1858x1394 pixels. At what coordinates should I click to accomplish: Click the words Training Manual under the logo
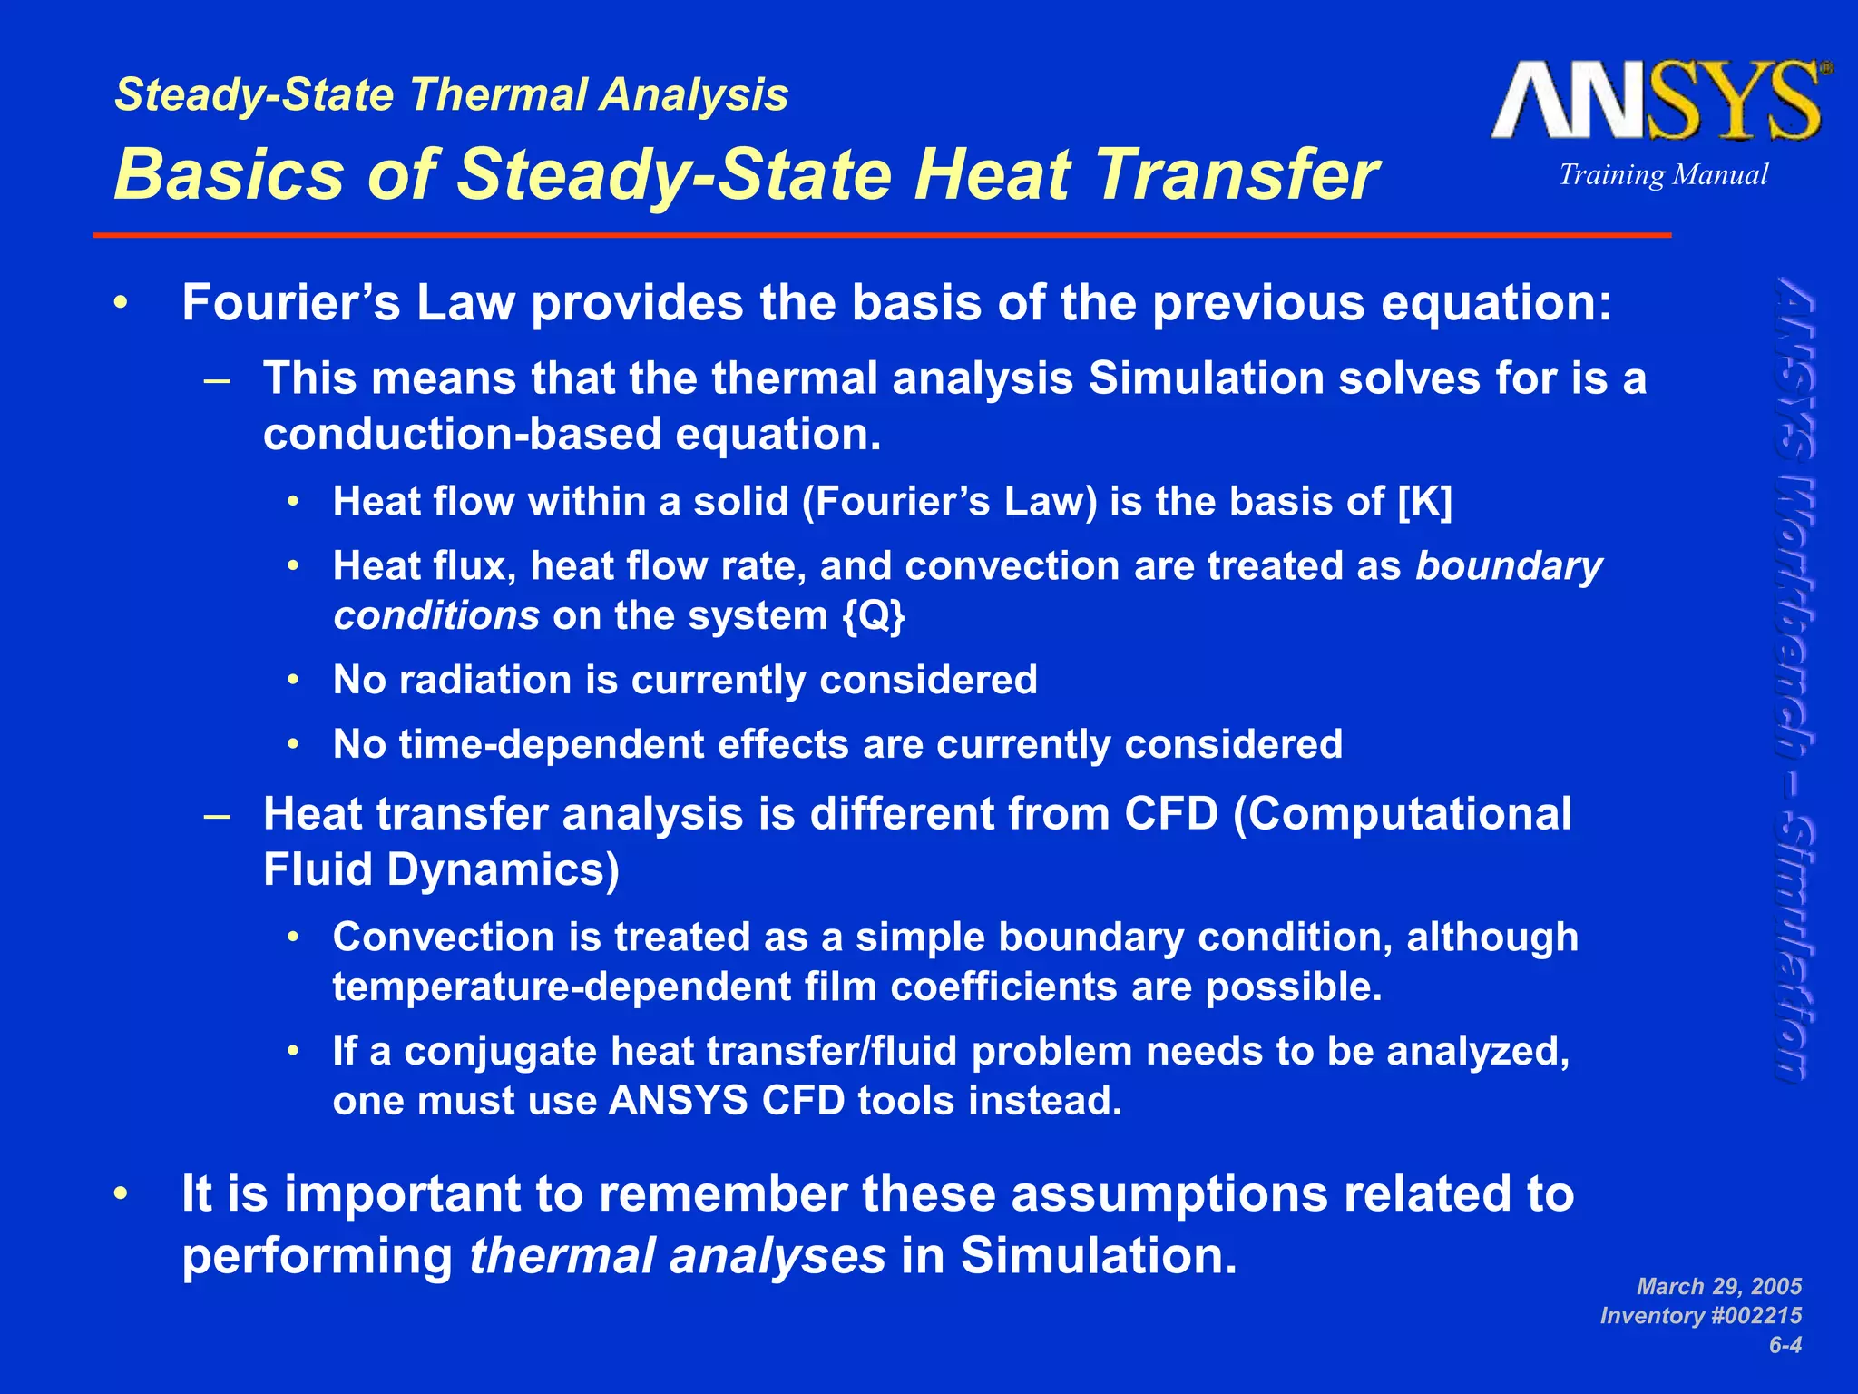(1663, 174)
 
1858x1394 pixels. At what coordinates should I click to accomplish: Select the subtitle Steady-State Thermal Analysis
(452, 95)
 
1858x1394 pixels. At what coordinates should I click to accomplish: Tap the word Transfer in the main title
(1237, 174)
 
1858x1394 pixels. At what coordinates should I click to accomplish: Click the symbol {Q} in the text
(874, 616)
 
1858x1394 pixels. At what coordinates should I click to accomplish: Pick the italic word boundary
(1509, 566)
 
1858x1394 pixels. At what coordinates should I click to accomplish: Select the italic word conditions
(436, 616)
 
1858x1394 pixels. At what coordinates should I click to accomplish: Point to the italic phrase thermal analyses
(677, 1256)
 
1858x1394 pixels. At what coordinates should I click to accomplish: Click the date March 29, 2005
(1718, 1286)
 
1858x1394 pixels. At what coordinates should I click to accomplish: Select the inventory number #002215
(1753, 1315)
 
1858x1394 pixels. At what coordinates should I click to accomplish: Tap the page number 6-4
(1785, 1344)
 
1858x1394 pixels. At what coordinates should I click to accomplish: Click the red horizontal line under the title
(880, 235)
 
